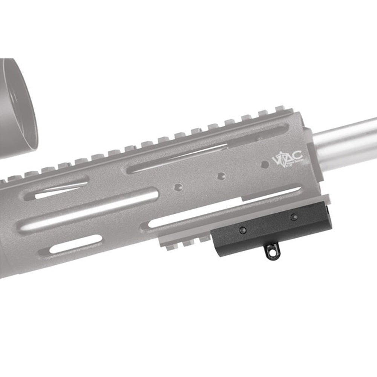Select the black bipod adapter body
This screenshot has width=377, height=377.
(x=264, y=230)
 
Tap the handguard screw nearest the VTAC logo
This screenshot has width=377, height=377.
(x=265, y=165)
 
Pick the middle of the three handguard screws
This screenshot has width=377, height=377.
(x=222, y=176)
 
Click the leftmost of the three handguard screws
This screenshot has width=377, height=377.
(x=178, y=187)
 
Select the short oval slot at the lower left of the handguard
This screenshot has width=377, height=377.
(x=75, y=245)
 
